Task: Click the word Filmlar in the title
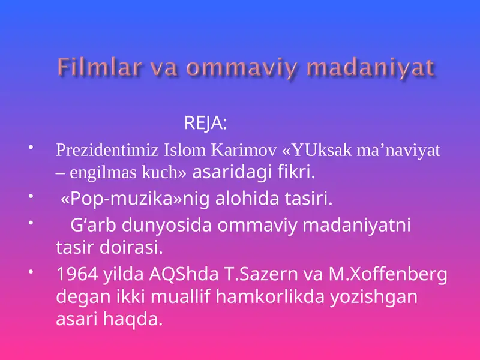(92, 68)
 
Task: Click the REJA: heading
(205, 124)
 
